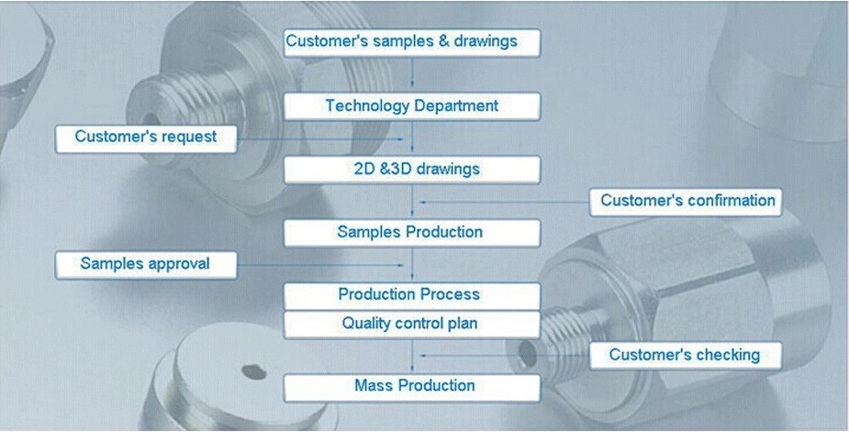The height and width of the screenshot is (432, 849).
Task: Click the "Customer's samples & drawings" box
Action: pos(412,43)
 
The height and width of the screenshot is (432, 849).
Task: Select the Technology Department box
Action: pos(412,106)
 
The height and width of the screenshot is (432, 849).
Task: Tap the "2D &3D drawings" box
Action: pos(412,170)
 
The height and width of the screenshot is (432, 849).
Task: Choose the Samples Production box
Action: pos(412,233)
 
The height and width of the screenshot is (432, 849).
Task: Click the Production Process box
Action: pos(412,295)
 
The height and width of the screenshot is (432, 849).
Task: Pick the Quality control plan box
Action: pos(412,325)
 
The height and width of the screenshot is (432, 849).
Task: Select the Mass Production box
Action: pos(412,388)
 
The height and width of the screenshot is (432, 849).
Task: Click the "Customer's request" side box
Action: pos(146,139)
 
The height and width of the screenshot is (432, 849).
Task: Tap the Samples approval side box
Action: pos(146,265)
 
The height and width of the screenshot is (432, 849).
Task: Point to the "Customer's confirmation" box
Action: pos(686,202)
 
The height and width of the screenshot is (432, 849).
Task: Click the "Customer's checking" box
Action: pos(686,356)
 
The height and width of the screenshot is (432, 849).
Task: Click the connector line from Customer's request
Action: pos(320,139)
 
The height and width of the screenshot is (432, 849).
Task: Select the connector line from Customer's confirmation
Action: pos(505,202)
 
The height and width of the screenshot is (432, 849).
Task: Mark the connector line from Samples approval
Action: pos(320,265)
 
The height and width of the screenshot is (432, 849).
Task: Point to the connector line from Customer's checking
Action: pos(505,356)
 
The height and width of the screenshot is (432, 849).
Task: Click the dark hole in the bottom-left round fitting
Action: pos(254,371)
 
